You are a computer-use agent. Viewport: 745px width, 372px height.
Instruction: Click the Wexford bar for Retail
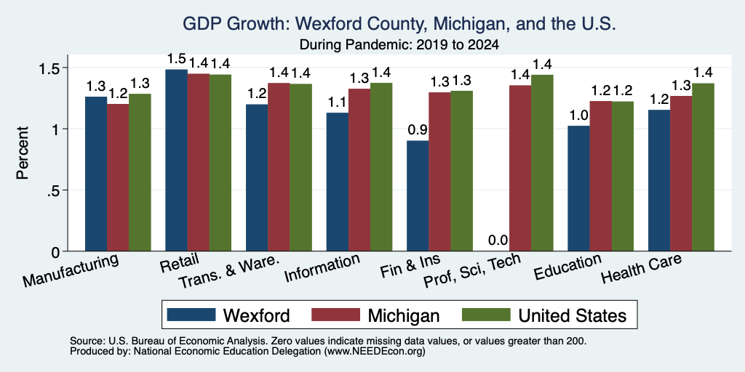point(176,161)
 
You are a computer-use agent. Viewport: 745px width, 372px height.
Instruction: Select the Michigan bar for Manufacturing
point(118,177)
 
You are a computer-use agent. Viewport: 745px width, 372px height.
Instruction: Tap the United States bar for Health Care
point(704,167)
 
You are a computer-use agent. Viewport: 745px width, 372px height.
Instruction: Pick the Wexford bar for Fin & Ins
point(418,196)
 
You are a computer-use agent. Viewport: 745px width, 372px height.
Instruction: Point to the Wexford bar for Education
point(578,188)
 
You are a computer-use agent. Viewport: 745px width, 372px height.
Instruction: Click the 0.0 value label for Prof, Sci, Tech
point(498,240)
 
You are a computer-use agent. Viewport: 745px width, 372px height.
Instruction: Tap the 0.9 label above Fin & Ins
point(418,129)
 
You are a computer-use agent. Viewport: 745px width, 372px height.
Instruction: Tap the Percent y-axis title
point(23,153)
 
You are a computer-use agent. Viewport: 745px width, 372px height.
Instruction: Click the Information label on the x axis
point(322,267)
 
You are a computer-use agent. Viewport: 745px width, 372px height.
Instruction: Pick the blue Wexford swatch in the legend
point(191,315)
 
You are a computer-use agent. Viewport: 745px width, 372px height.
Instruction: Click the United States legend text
point(573,315)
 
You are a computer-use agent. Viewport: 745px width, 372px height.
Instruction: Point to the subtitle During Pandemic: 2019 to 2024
point(399,45)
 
